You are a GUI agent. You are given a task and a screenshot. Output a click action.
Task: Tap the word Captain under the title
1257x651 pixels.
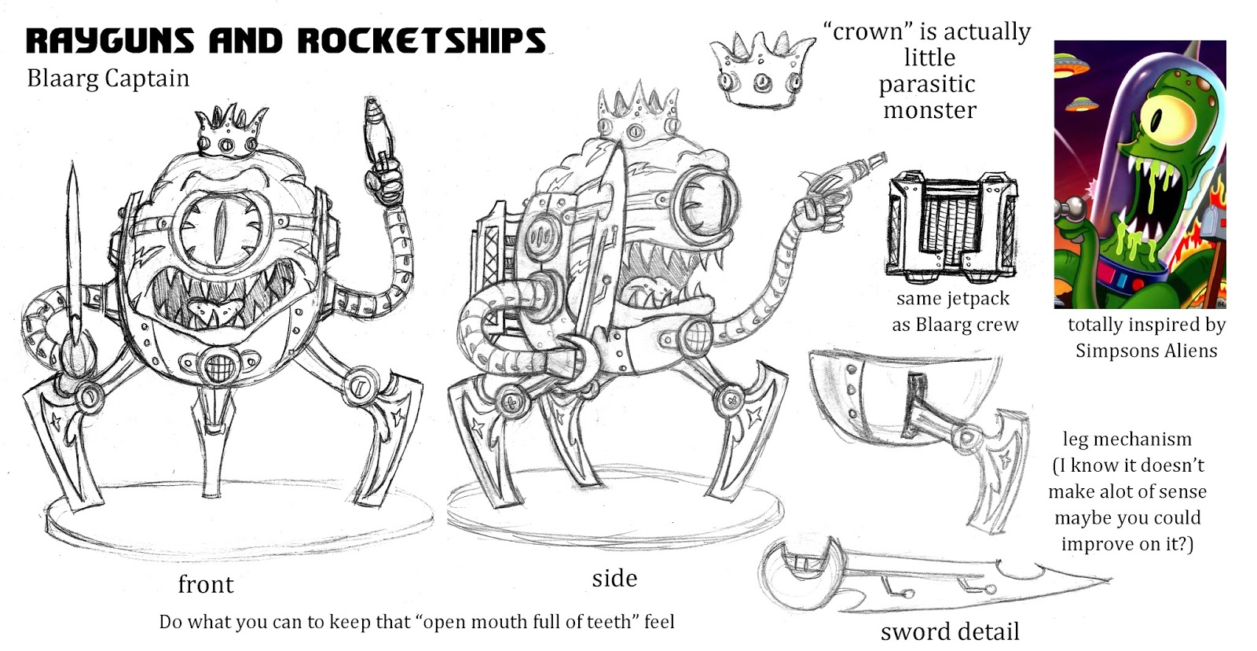[148, 79]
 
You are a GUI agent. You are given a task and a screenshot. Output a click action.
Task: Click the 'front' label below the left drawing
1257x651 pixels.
[205, 584]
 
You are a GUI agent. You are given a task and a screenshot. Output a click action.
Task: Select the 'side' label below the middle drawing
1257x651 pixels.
[614, 578]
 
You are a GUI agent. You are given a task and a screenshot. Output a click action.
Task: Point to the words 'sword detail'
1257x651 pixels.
[949, 631]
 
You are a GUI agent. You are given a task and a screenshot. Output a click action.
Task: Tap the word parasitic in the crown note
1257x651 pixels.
[927, 84]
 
